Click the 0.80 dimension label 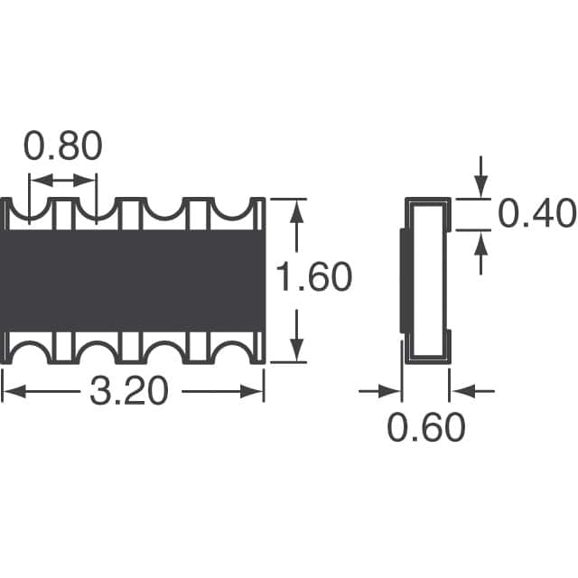62,146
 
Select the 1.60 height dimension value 313,276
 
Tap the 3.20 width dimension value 129,391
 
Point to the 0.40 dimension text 536,213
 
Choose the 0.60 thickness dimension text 426,427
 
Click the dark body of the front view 133,281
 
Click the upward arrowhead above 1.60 297,213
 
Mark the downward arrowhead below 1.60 297,350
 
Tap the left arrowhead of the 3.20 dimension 14,391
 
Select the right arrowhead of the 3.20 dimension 252,391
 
